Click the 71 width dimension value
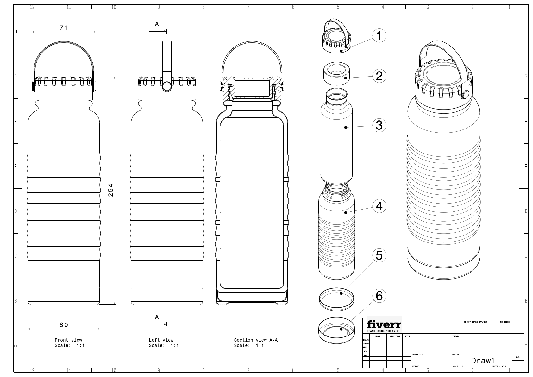pyautogui.click(x=64, y=28)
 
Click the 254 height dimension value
pyautogui.click(x=110, y=190)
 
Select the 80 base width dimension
pyautogui.click(x=64, y=325)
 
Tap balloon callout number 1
pyautogui.click(x=379, y=35)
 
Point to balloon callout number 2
pyautogui.click(x=379, y=76)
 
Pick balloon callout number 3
pyautogui.click(x=379, y=125)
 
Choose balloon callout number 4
pyautogui.click(x=379, y=206)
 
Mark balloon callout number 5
pyautogui.click(x=379, y=255)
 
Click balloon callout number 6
pyautogui.click(x=379, y=296)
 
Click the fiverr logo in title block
pyautogui.click(x=384, y=325)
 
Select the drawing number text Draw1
pyautogui.click(x=482, y=361)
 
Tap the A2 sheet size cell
pyautogui.click(x=517, y=357)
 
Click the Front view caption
pyautogui.click(x=68, y=340)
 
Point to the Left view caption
pyautogui.click(x=161, y=340)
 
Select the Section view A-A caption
pyautogui.click(x=255, y=340)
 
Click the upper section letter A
pyautogui.click(x=157, y=24)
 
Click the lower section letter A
pyautogui.click(x=157, y=317)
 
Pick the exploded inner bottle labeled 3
pyautogui.click(x=336, y=139)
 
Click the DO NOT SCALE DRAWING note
pyautogui.click(x=475, y=322)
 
